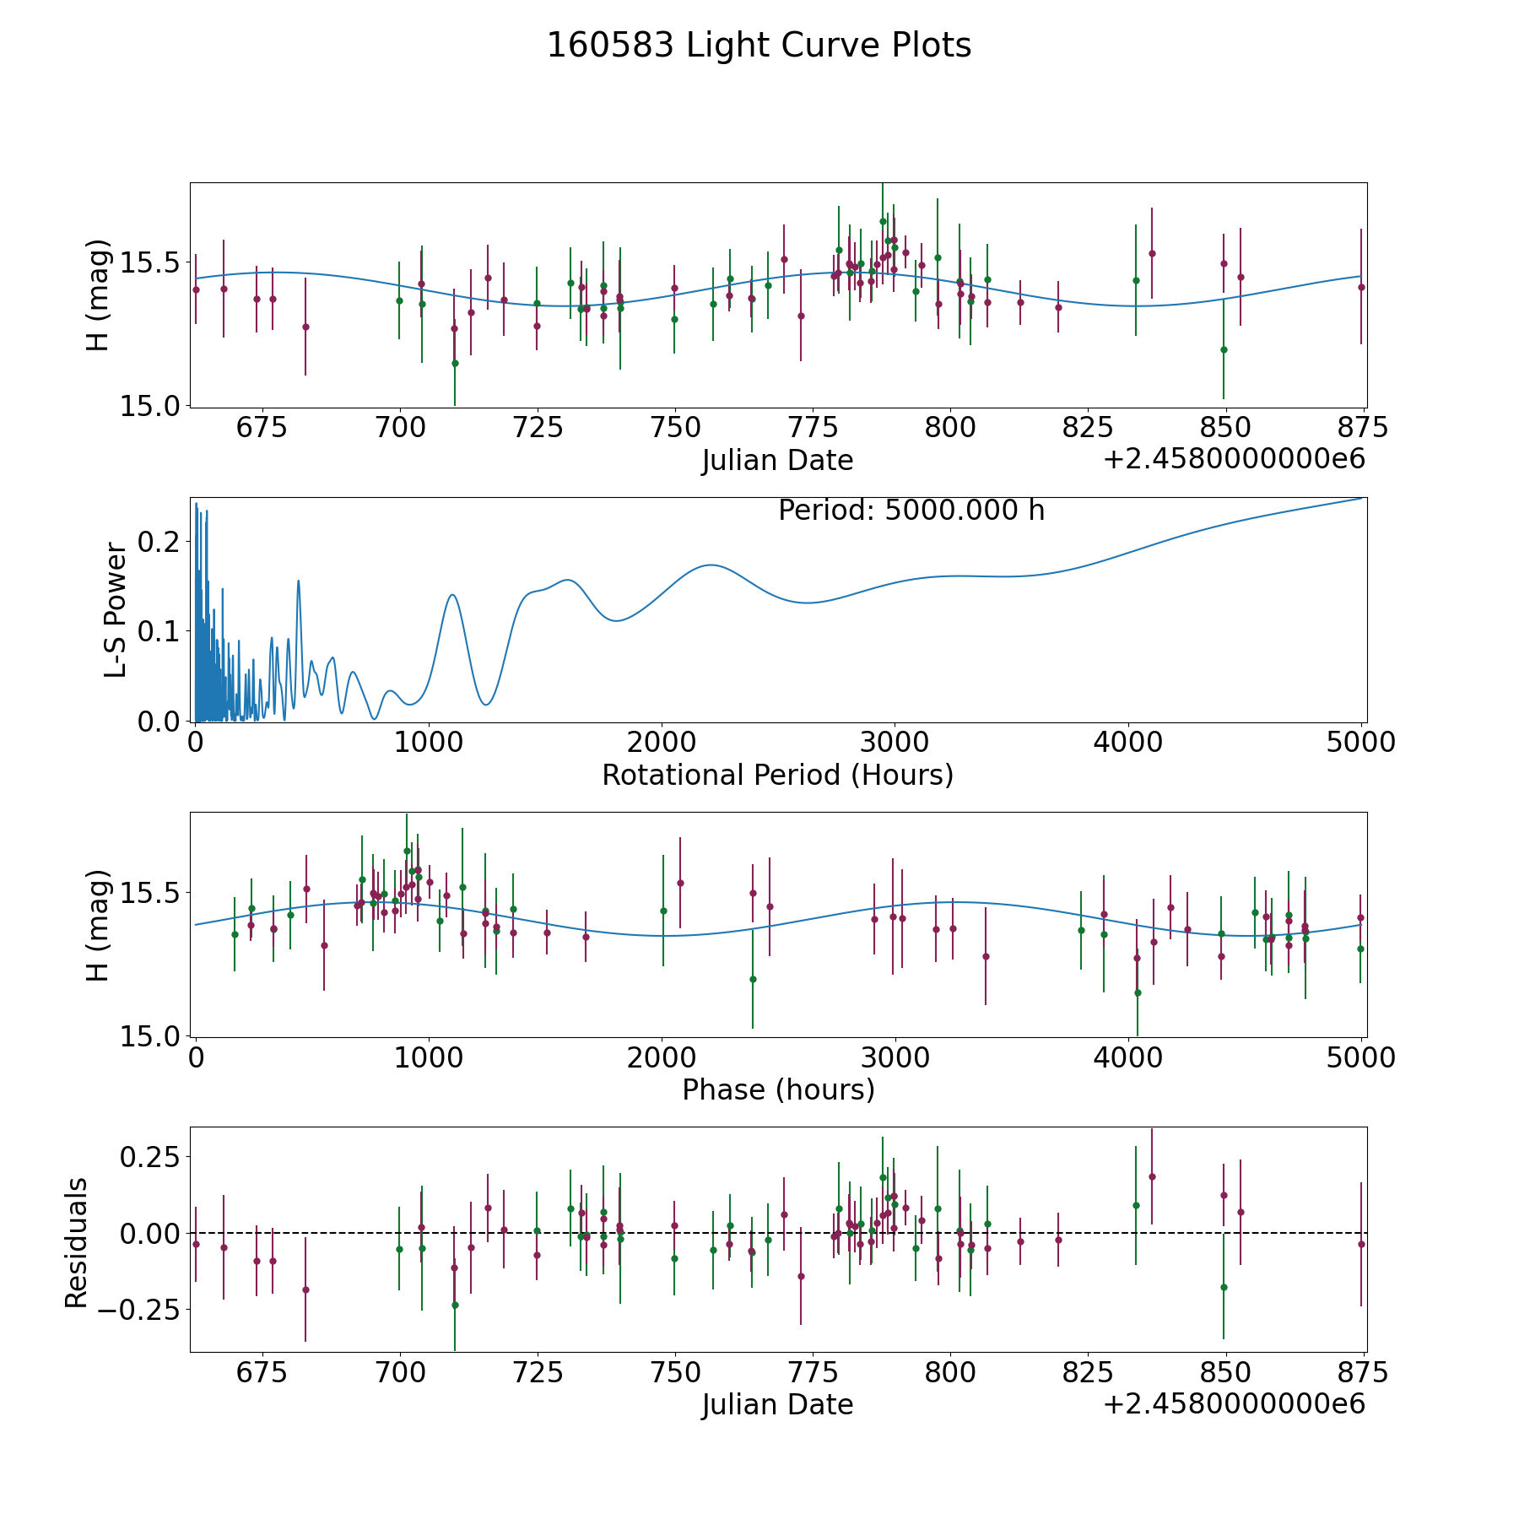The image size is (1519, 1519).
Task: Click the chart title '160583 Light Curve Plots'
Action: tap(759, 46)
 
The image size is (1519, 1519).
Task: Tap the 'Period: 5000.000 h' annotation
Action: tap(911, 511)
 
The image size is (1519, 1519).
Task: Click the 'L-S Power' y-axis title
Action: tap(116, 609)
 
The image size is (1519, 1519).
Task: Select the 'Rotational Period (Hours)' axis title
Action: tap(777, 775)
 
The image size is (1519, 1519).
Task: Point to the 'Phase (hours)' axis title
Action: tap(778, 1089)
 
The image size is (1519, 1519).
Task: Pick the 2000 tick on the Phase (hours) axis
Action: tap(662, 1058)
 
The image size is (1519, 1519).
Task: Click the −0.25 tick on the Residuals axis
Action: tap(138, 1310)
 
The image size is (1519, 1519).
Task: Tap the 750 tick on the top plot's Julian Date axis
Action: tap(674, 429)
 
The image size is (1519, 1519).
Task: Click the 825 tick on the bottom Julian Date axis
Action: tap(1087, 1373)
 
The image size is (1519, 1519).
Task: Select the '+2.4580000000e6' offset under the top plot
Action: tap(1234, 460)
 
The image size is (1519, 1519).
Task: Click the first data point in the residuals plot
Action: tap(196, 1244)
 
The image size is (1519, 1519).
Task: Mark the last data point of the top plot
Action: tap(1361, 287)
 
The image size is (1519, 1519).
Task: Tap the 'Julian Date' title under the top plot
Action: tap(777, 461)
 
